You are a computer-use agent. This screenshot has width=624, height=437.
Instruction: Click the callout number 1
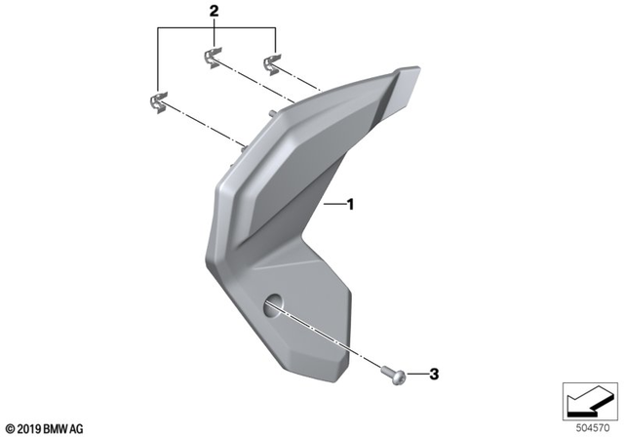click(350, 206)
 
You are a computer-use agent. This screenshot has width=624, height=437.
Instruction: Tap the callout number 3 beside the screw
click(436, 374)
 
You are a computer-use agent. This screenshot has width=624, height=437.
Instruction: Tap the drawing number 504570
click(593, 425)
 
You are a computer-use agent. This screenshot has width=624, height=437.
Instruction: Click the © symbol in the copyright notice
click(10, 427)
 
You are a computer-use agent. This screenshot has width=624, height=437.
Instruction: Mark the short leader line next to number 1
click(333, 206)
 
